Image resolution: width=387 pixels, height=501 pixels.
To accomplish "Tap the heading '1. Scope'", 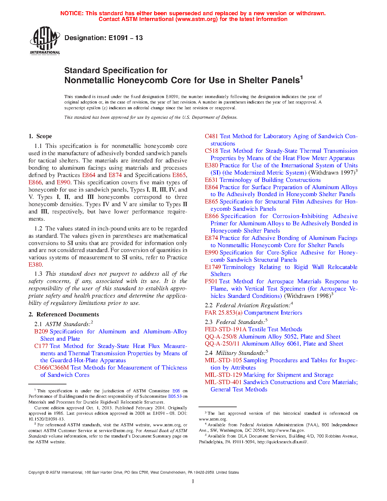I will [40, 136].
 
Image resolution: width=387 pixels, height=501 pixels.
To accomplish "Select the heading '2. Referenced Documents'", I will [63, 315].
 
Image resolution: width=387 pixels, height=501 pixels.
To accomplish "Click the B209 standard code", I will [41, 332].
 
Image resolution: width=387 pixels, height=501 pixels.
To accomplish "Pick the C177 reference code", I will [41, 346].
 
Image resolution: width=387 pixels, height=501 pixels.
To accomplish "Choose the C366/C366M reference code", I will [52, 368].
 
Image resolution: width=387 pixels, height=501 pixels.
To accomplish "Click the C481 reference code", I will [211, 136].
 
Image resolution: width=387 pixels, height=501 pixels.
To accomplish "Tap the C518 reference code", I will [211, 151].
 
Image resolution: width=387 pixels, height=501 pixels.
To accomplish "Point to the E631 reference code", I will [211, 180].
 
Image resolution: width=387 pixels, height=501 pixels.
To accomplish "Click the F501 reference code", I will [211, 281].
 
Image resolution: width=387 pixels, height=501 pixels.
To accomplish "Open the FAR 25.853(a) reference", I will [223, 313].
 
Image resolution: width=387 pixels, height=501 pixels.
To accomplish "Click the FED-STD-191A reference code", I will [226, 329].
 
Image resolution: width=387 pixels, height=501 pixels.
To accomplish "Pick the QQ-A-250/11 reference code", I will [222, 344].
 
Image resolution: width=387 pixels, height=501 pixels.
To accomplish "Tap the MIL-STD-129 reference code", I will [223, 375].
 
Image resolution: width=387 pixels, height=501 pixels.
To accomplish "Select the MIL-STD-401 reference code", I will [223, 382].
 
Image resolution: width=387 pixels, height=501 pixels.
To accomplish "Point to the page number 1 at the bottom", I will [193, 481].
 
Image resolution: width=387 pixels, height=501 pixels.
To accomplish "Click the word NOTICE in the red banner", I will [72, 13].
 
